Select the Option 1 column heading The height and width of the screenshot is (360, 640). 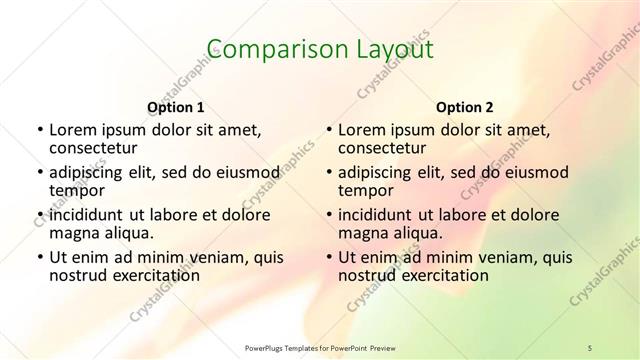click(x=176, y=107)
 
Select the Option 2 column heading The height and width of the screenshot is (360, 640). click(x=465, y=107)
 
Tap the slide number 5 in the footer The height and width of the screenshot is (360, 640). click(x=590, y=347)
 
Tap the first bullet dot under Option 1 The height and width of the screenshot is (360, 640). click(x=40, y=130)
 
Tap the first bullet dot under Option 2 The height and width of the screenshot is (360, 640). click(x=329, y=130)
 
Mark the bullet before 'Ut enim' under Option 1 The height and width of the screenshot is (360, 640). click(x=40, y=258)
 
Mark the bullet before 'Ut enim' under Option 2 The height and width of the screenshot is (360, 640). click(x=329, y=258)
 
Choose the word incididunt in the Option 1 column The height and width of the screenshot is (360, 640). click(x=85, y=215)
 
